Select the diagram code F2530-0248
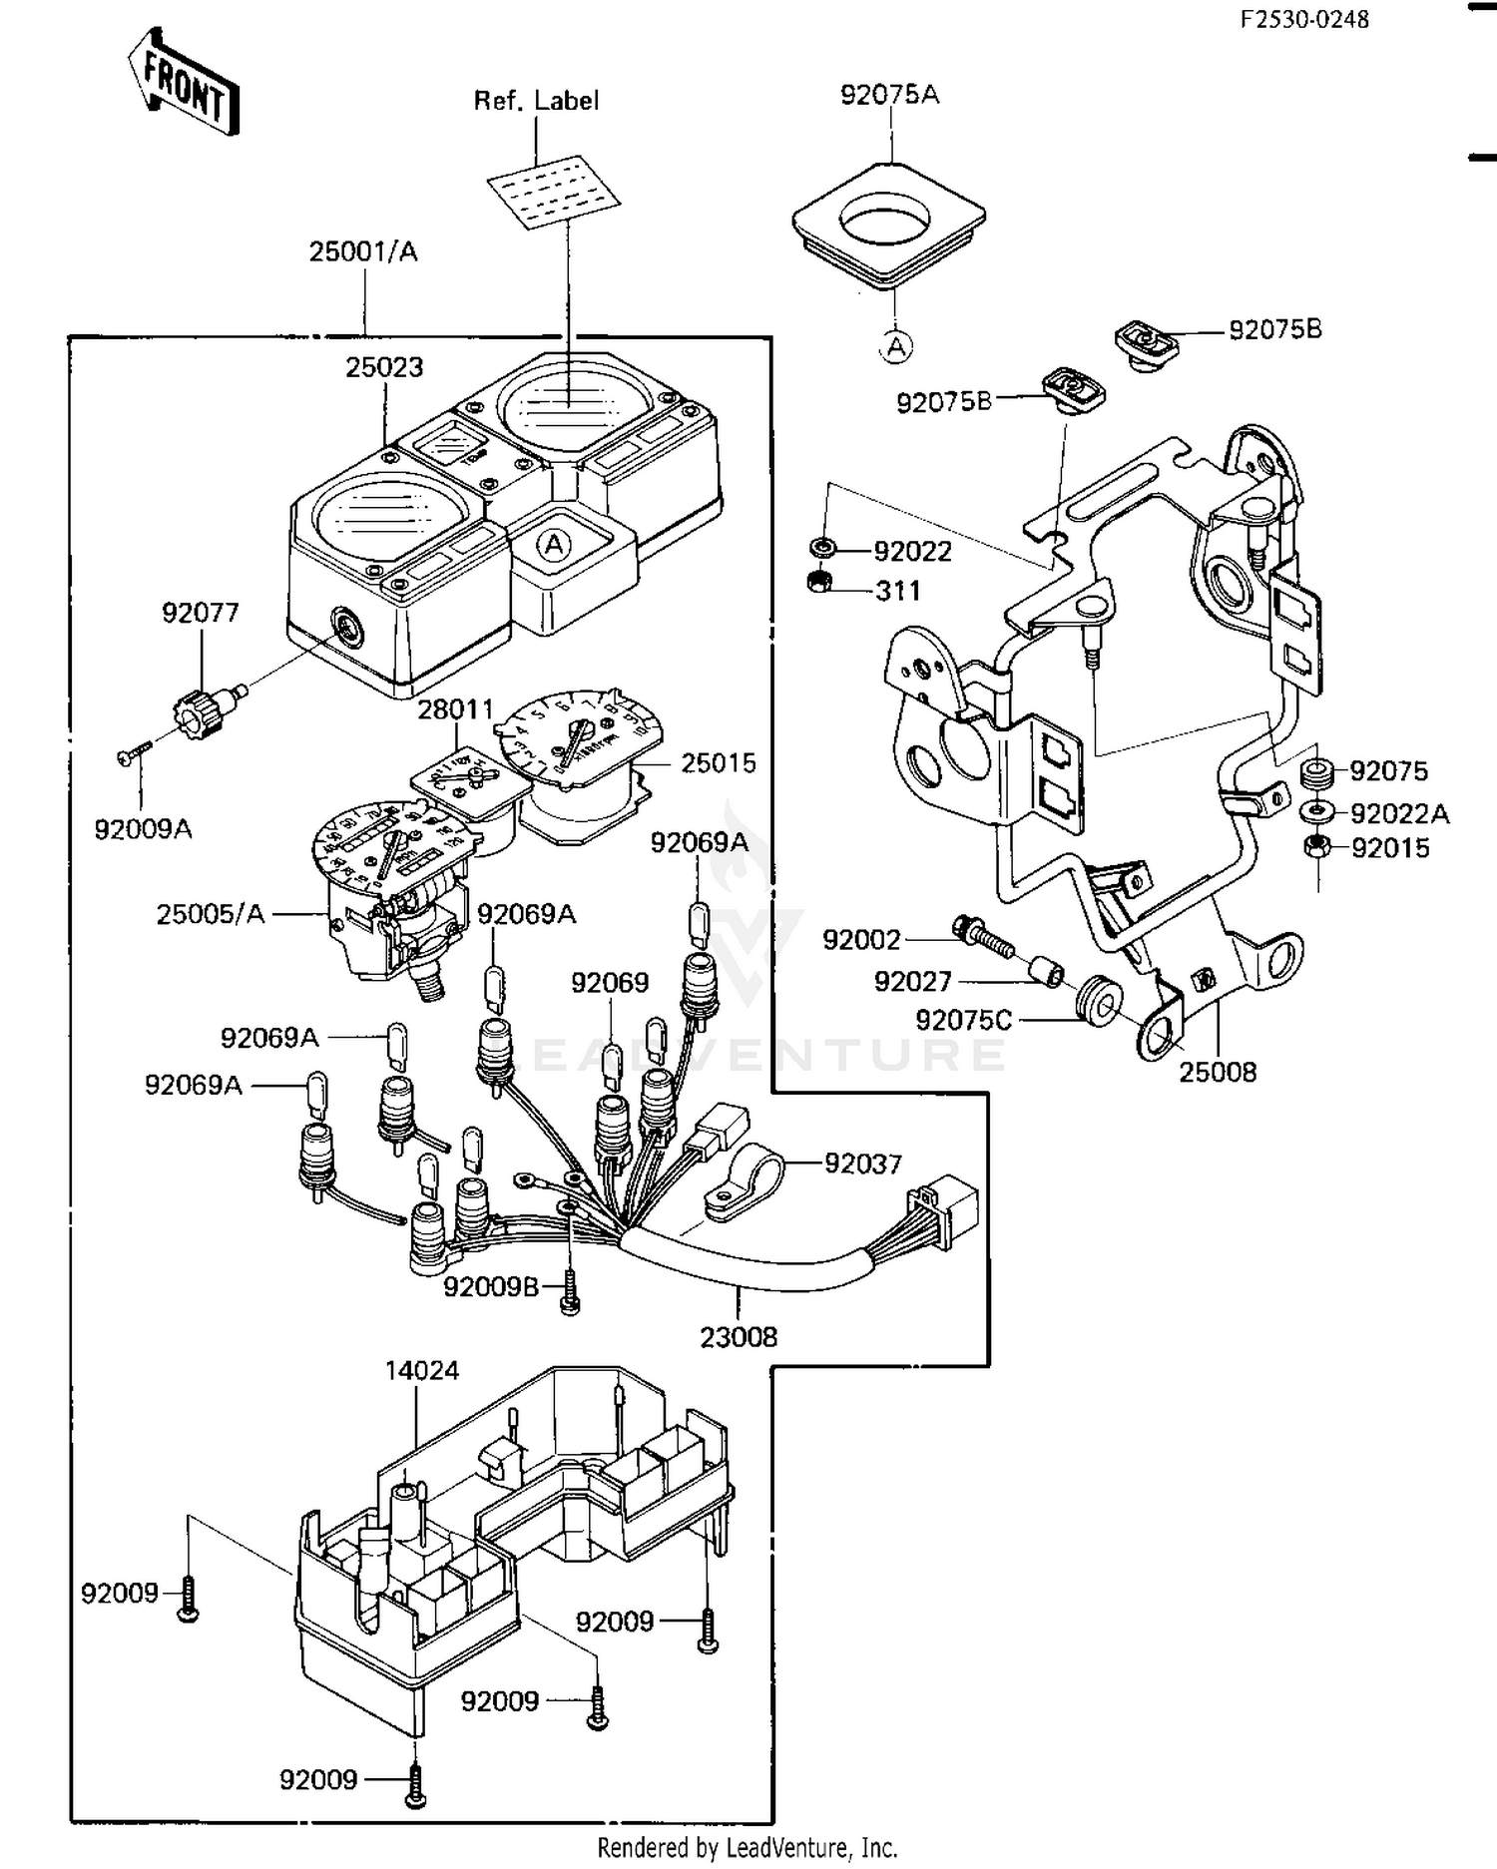point(1304,19)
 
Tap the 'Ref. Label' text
point(536,101)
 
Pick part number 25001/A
point(362,251)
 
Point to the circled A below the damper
point(896,346)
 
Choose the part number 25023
point(384,367)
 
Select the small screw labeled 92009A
point(131,757)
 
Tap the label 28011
point(455,709)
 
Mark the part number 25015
point(719,763)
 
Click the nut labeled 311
point(819,582)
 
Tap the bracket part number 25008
point(1218,1073)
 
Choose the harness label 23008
point(738,1337)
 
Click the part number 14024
point(422,1371)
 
